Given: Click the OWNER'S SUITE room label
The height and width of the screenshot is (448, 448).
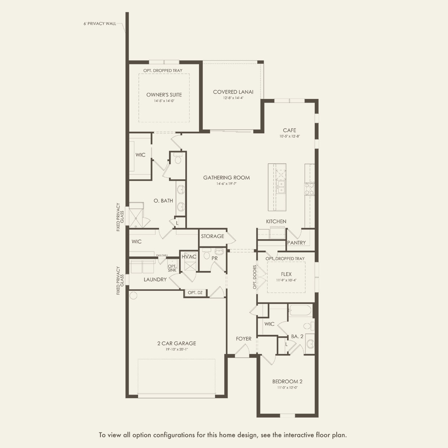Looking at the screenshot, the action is (x=164, y=95).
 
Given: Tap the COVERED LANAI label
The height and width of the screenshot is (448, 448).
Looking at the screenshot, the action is (x=233, y=92).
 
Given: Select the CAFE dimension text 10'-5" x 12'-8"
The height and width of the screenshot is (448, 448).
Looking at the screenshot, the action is (x=289, y=136).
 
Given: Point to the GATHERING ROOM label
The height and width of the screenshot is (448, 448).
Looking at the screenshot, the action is (x=227, y=178).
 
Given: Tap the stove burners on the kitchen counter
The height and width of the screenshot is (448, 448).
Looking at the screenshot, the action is (x=309, y=189).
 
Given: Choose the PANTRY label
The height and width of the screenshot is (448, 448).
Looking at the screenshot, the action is (x=296, y=243).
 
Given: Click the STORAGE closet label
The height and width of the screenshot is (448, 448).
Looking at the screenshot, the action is (x=212, y=236).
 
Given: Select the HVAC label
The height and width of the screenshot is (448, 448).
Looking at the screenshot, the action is (x=189, y=257).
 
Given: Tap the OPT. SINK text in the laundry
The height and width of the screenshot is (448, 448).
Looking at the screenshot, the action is (x=172, y=268).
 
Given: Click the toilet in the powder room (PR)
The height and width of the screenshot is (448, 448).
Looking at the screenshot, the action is (x=206, y=254).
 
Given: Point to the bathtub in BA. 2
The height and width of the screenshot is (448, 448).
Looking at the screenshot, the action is (x=300, y=310).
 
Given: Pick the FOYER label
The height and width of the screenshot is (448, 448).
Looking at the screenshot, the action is (x=244, y=339).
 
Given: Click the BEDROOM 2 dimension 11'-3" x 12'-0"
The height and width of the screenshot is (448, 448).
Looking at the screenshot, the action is (x=287, y=388).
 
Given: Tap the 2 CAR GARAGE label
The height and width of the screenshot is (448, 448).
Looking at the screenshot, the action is (x=177, y=343).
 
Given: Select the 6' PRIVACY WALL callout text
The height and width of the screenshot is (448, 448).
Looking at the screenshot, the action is (x=100, y=24).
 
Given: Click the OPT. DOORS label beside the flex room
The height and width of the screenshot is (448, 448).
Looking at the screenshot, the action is (x=255, y=277).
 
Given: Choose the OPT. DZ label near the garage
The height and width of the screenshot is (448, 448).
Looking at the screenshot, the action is (x=195, y=293).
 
